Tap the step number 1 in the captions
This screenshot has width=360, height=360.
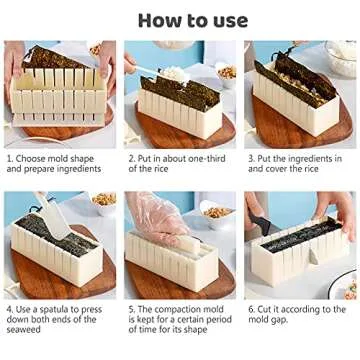click(x=8, y=158)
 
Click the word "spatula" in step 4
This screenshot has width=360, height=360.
click(x=55, y=311)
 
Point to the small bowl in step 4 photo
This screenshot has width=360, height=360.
click(x=102, y=202)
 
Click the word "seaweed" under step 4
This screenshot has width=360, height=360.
click(x=26, y=333)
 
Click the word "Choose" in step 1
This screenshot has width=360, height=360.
click(x=31, y=158)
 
